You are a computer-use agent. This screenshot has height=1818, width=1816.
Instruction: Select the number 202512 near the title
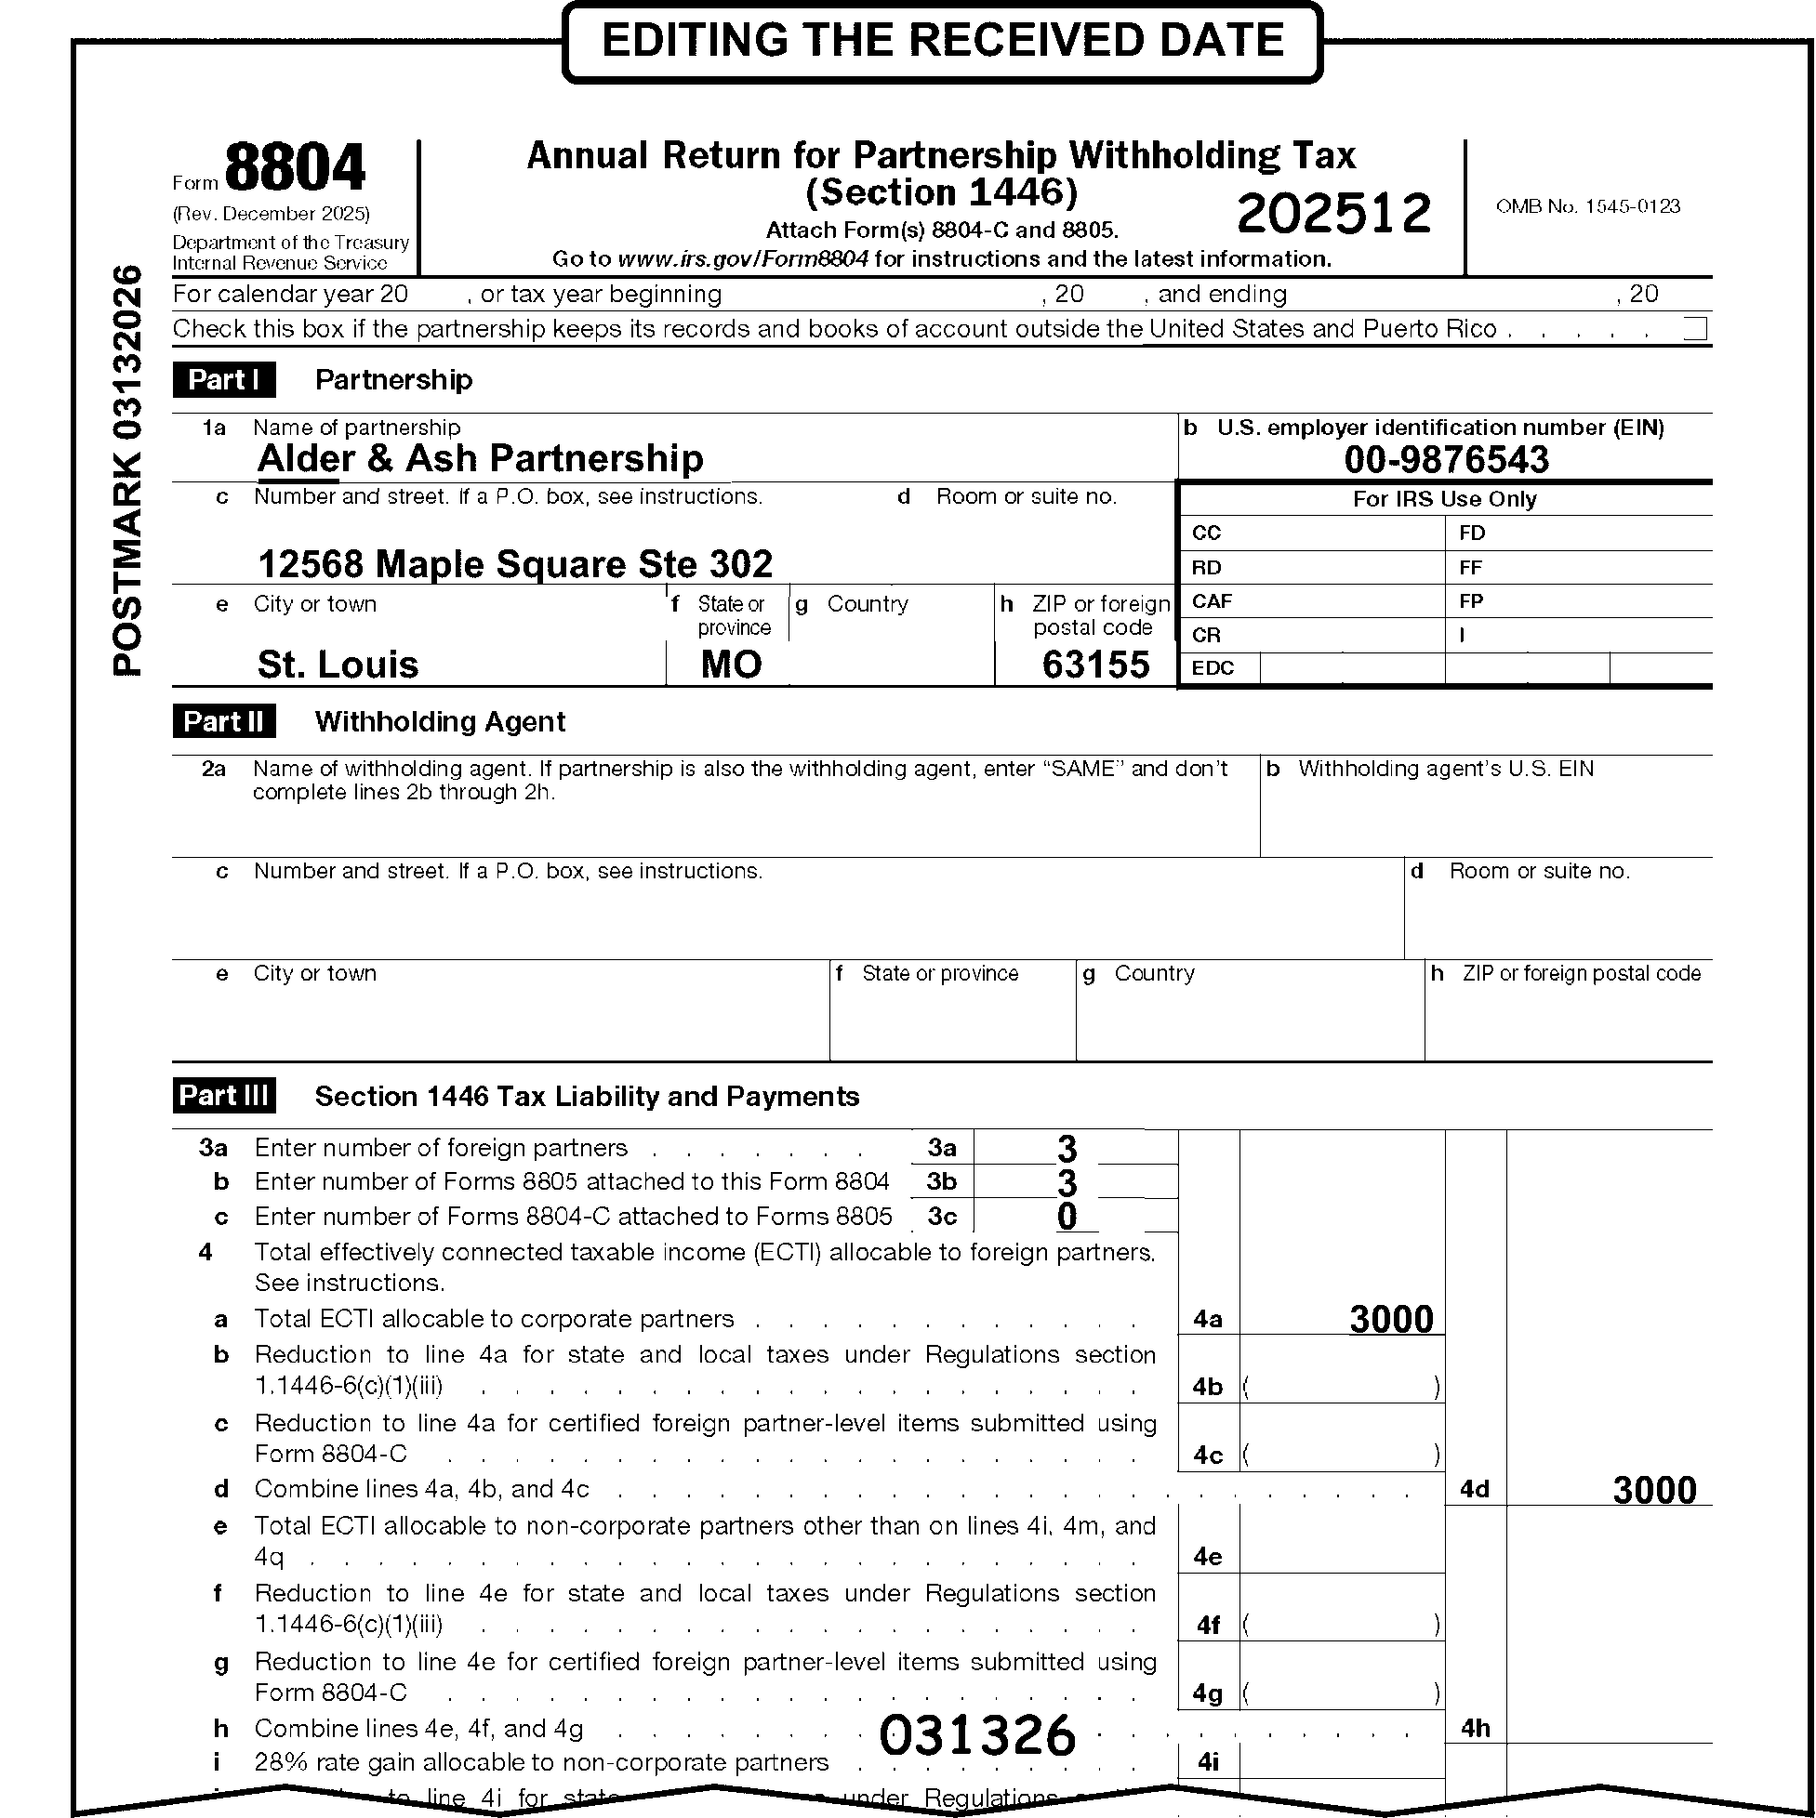pyautogui.click(x=1333, y=213)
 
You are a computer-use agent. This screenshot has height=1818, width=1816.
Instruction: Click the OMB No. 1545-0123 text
pyautogui.click(x=1587, y=206)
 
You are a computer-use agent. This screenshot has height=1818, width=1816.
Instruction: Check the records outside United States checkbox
pyautogui.click(x=1694, y=328)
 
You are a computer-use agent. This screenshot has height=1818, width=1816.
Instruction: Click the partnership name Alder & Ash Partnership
pyautogui.click(x=480, y=458)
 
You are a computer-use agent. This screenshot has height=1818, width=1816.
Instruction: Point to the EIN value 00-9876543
pyautogui.click(x=1446, y=459)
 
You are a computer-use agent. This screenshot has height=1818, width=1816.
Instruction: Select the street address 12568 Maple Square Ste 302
pyautogui.click(x=515, y=564)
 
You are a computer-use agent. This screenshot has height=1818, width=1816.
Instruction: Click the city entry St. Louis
pyautogui.click(x=338, y=665)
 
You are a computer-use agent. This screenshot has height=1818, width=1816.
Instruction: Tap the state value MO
pyautogui.click(x=732, y=665)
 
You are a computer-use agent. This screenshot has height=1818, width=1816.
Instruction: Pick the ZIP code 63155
pyautogui.click(x=1095, y=665)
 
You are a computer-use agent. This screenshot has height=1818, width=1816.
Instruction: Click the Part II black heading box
pyautogui.click(x=224, y=722)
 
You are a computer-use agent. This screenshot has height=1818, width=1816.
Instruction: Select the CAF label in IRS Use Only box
pyautogui.click(x=1212, y=601)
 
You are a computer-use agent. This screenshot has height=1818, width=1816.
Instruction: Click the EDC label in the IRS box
pyautogui.click(x=1213, y=668)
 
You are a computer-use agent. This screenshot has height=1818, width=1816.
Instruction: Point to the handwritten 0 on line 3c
pyautogui.click(x=1067, y=1216)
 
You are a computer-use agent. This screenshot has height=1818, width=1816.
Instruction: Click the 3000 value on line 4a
pyautogui.click(x=1390, y=1319)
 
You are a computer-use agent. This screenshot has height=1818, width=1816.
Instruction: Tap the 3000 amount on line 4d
pyautogui.click(x=1654, y=1490)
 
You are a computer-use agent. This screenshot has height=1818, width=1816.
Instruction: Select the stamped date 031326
pyautogui.click(x=977, y=1734)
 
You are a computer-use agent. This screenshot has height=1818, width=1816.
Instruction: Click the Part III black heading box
pyautogui.click(x=224, y=1096)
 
